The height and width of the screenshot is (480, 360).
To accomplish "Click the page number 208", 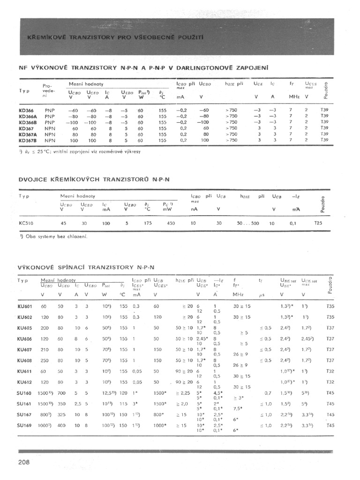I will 24,463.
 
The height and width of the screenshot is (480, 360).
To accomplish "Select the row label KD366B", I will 29,122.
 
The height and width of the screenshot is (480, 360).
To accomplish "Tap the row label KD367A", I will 29,134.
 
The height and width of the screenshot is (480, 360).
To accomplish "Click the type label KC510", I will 26,224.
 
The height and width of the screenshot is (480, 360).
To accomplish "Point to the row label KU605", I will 25,338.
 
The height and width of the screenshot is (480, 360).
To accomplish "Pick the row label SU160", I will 25,393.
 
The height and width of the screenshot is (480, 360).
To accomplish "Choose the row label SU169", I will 25,425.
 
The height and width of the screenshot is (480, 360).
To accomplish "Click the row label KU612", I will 25,382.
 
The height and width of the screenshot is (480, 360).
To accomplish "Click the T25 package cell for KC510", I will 318,224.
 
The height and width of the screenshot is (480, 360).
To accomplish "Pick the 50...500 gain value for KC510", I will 248,224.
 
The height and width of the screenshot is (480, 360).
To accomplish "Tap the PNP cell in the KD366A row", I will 50,116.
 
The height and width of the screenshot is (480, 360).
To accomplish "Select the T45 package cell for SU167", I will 330,414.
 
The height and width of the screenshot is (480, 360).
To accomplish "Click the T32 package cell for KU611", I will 330,371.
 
